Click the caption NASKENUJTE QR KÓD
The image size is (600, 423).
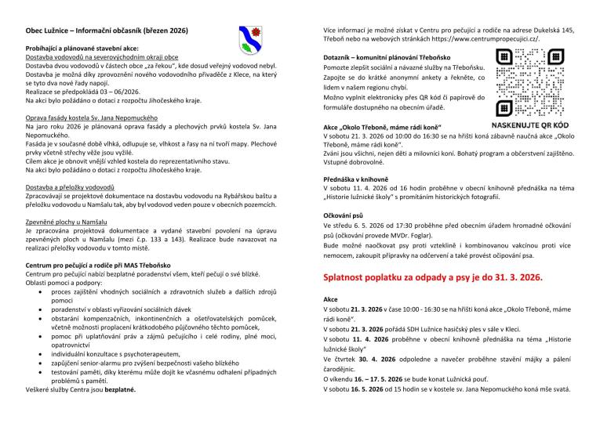[530, 125]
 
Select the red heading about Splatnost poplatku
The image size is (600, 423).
[432, 277]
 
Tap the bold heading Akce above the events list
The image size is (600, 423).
[331, 300]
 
